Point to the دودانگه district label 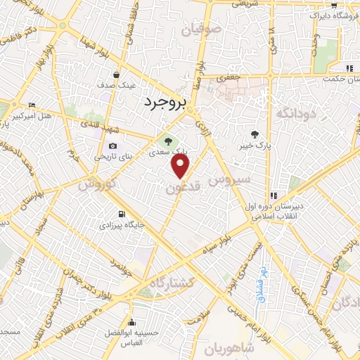click(295, 112)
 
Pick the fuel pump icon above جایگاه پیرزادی click(122, 214)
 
